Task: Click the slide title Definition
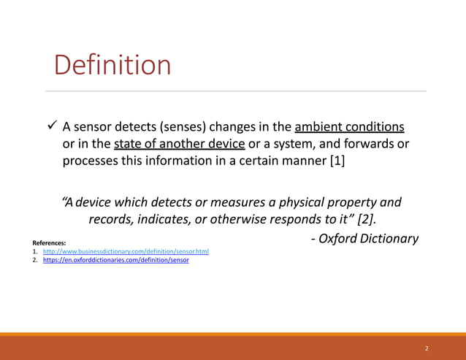point(112,66)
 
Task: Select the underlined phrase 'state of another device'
point(179,142)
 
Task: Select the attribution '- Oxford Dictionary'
point(364,238)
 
